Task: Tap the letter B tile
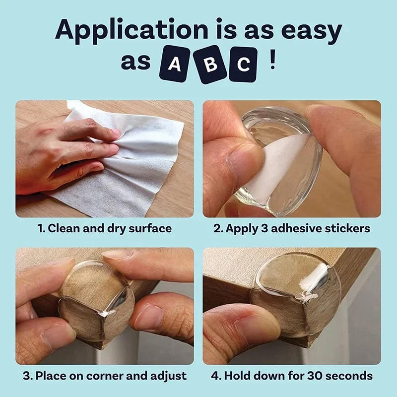coord(208,66)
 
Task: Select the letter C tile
coord(243,65)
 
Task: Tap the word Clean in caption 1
coord(64,229)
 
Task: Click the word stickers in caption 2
coord(348,229)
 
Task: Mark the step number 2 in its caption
coord(216,229)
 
